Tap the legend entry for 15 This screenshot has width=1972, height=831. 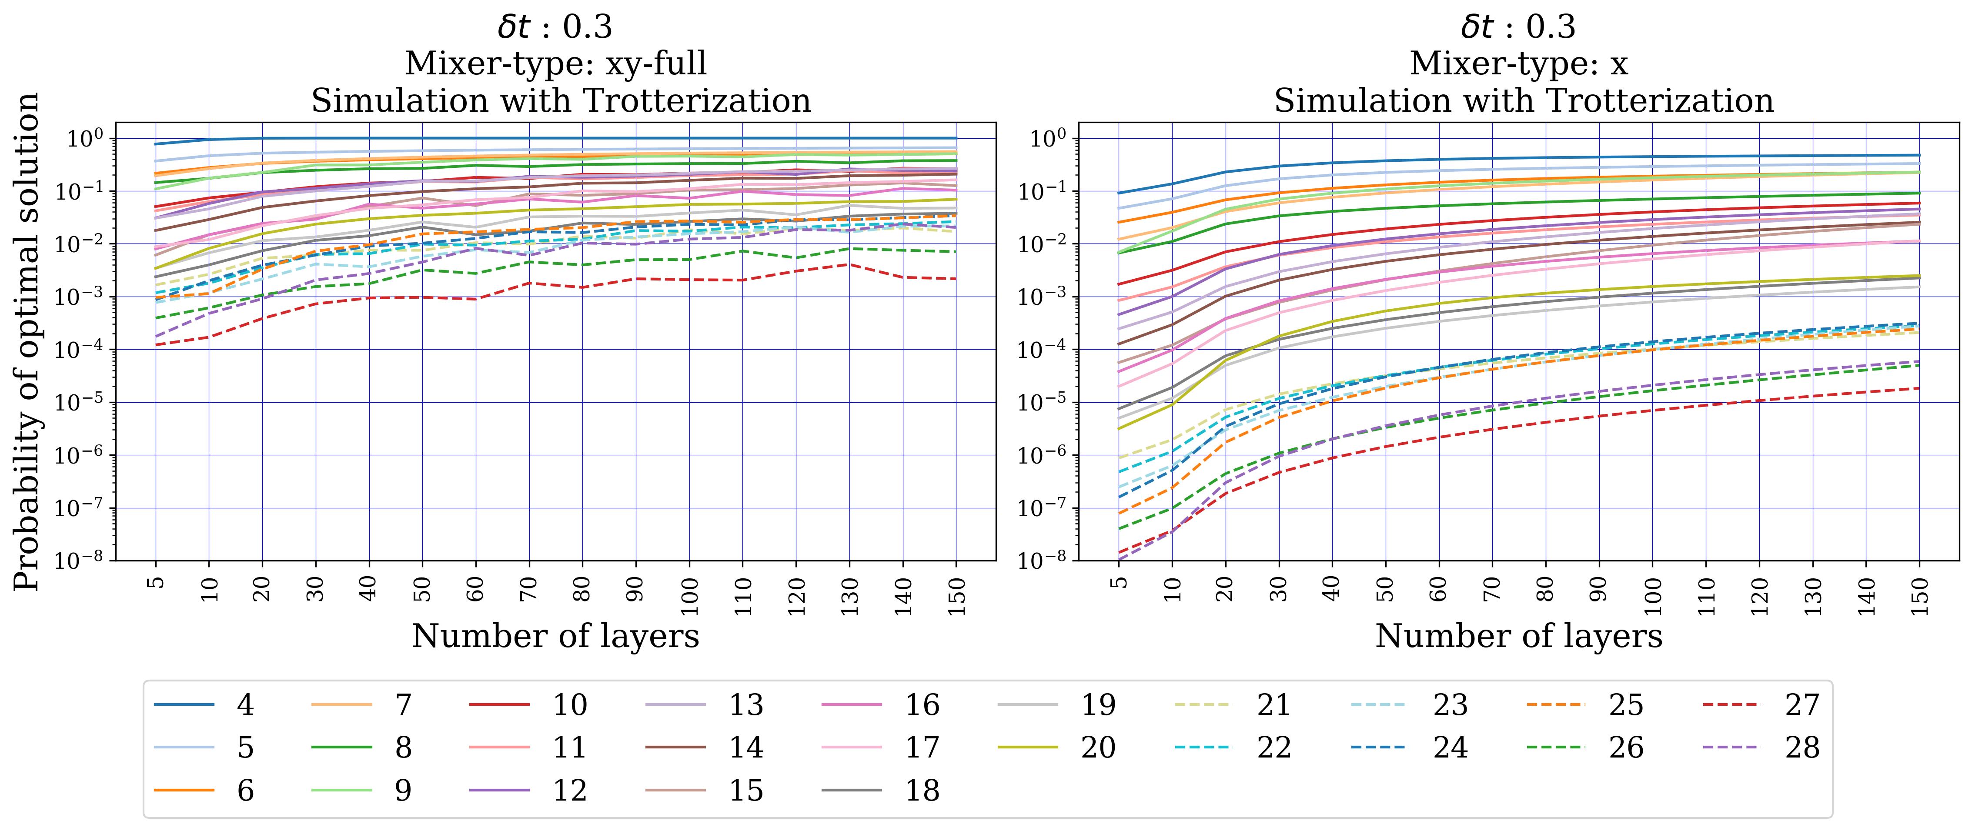(704, 791)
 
